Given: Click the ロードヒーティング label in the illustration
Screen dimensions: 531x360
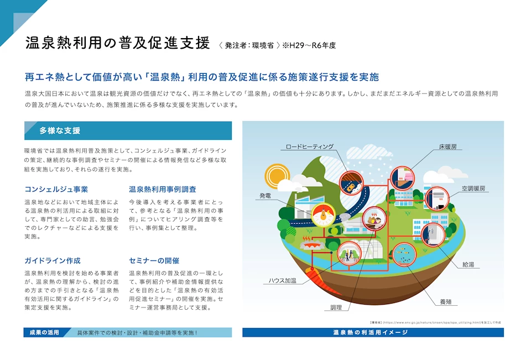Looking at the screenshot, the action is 310,147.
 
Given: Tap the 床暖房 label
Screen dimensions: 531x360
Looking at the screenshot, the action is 447,147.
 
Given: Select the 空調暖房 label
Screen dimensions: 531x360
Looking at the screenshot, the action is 473,189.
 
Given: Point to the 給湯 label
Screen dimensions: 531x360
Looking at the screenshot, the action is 468,264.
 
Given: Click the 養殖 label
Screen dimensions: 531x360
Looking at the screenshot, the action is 446,302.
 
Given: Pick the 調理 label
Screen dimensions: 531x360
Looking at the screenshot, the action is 336,307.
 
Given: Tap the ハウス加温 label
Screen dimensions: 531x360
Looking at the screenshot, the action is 283,280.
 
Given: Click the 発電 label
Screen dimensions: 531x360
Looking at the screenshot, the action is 265,195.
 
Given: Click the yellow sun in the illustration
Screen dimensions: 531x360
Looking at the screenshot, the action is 277,175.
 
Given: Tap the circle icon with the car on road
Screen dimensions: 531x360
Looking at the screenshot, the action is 351,183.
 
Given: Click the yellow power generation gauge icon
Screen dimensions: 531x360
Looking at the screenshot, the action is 323,215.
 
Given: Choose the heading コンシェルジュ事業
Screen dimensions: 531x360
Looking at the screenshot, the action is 56,189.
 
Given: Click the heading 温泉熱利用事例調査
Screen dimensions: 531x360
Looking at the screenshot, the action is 163,189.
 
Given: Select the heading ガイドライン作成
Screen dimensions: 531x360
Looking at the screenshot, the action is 53,260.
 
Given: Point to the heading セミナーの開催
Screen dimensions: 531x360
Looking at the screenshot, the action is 154,260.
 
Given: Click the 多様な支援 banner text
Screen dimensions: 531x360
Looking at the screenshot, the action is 60,131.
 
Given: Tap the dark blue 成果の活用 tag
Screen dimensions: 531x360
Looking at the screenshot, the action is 44,332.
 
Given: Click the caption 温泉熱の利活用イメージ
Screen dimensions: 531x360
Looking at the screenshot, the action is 371,332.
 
